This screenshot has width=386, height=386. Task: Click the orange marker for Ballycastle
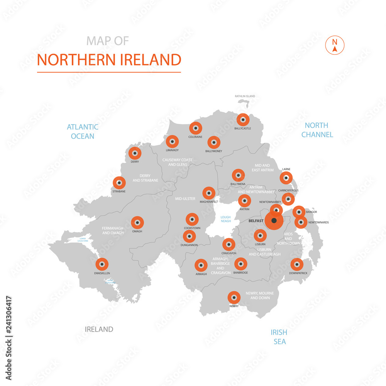coord(243,119)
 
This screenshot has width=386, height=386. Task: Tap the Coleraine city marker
coord(196,128)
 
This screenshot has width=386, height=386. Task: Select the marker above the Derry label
coord(135,153)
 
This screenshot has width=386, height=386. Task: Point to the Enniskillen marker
coord(102,264)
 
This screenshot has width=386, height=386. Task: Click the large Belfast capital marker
coord(274,221)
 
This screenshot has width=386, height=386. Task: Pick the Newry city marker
coord(234,298)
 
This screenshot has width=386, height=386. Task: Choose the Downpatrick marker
coord(296,264)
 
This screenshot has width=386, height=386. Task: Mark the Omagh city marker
coord(137,222)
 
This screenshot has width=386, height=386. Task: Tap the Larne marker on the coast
coord(286,178)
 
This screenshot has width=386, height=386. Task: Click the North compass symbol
coord(335,45)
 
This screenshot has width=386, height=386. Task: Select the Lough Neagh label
coord(225,219)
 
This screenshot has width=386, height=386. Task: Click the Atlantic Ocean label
coord(83,131)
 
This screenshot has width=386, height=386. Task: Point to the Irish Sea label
coord(279,337)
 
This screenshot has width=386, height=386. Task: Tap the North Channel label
coord(317,130)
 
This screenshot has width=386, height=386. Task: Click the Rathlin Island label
coord(245,96)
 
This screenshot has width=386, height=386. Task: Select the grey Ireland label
coord(99,329)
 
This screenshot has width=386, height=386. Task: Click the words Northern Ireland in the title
coord(109,60)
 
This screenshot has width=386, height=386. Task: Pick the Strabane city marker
coord(119,183)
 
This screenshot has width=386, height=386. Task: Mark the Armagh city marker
coord(201,265)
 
